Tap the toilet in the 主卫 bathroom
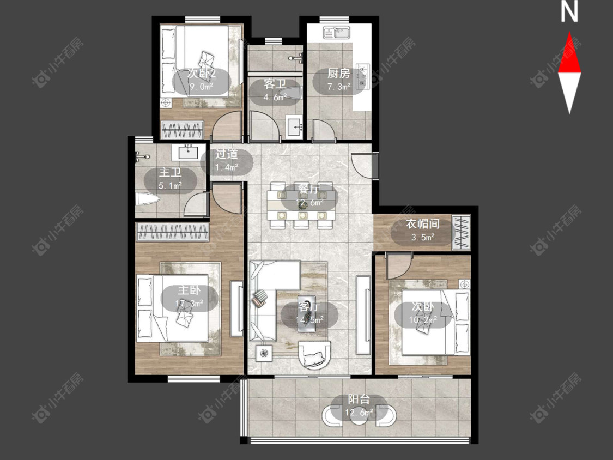click(x=147, y=199)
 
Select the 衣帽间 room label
click(x=423, y=224)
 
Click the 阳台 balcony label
click(x=359, y=400)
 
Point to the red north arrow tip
click(x=569, y=33)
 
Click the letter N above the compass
click(x=569, y=12)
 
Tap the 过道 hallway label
click(x=226, y=154)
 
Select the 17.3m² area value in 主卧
click(x=189, y=303)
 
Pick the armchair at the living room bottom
click(x=314, y=355)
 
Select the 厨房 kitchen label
click(x=338, y=73)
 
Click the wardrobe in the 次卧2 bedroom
click(x=183, y=130)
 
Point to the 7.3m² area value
click(x=338, y=87)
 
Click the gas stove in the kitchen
click(x=362, y=75)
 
